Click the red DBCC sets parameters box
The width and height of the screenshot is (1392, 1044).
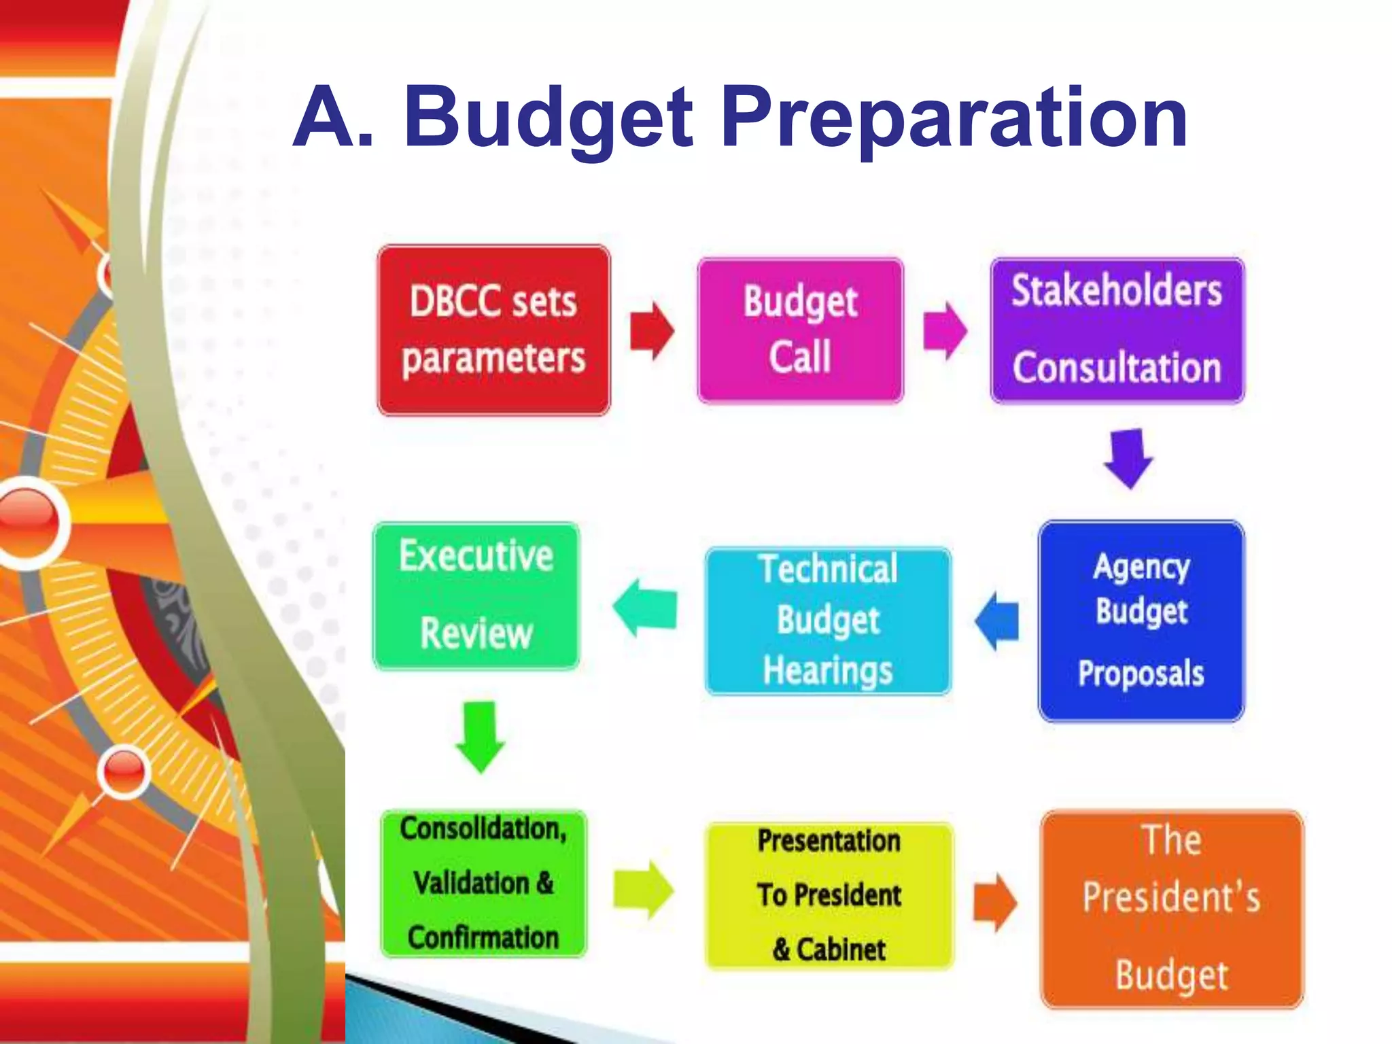point(493,330)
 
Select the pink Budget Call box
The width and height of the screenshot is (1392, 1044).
point(800,330)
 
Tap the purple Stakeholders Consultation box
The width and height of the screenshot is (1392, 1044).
point(1117,330)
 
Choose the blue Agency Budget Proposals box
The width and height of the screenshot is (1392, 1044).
point(1141,621)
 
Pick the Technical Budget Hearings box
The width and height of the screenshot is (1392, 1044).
point(828,621)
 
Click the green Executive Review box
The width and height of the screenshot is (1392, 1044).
point(476,596)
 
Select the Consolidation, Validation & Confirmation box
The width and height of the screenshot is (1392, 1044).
point(483,883)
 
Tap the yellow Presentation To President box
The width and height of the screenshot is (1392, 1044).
point(829,895)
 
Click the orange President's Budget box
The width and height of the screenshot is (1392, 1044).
point(1172,909)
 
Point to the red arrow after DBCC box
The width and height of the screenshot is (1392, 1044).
point(652,331)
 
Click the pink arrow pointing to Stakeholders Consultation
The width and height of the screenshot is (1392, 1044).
point(945,331)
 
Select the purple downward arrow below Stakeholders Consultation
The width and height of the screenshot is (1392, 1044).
point(1128,458)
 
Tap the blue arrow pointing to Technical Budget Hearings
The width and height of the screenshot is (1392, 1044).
point(997,621)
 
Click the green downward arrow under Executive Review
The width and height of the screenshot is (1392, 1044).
point(480,737)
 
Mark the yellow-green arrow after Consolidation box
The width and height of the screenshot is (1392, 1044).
point(643,890)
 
